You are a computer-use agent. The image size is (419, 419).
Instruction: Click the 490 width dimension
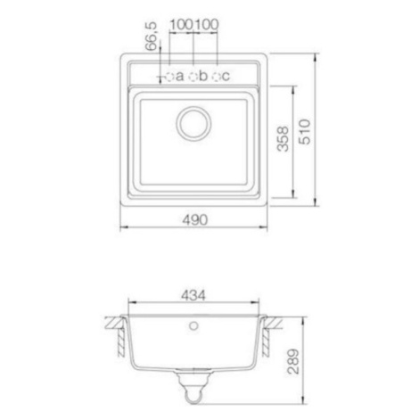[x=195, y=220]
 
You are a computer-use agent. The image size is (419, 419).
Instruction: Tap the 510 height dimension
[x=305, y=132]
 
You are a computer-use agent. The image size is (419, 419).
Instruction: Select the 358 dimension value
[x=283, y=139]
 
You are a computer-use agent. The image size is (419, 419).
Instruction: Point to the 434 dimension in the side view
[x=193, y=295]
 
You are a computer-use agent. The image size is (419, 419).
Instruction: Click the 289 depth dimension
[x=293, y=361]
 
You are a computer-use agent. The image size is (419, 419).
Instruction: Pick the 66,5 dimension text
[x=151, y=37]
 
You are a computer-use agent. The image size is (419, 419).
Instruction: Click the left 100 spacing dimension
[x=181, y=24]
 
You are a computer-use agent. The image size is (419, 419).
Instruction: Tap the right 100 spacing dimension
[x=206, y=24]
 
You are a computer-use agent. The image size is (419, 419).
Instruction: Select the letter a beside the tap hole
[x=179, y=77]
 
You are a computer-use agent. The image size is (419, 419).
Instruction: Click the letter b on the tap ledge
[x=203, y=76]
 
